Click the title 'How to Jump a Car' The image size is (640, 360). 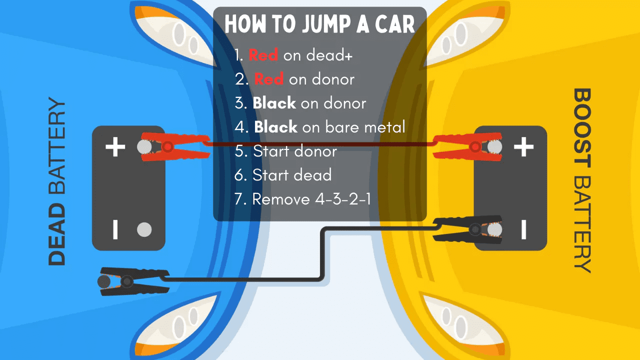[319, 24]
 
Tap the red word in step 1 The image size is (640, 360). [263, 55]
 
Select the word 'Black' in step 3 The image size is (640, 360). [273, 103]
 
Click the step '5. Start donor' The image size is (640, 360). [285, 151]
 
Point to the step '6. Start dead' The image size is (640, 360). [283, 175]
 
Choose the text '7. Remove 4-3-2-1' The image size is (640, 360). [302, 199]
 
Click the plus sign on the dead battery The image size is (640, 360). [115, 147]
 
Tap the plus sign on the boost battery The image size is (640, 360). [523, 147]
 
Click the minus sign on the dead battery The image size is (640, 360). [115, 229]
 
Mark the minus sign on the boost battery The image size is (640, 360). [523, 229]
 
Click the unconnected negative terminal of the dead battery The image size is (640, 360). [144, 229]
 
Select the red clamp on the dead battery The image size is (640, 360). [172, 146]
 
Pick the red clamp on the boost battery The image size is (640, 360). [462, 146]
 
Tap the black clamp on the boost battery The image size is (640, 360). [465, 229]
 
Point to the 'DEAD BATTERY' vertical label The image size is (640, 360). [57, 182]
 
